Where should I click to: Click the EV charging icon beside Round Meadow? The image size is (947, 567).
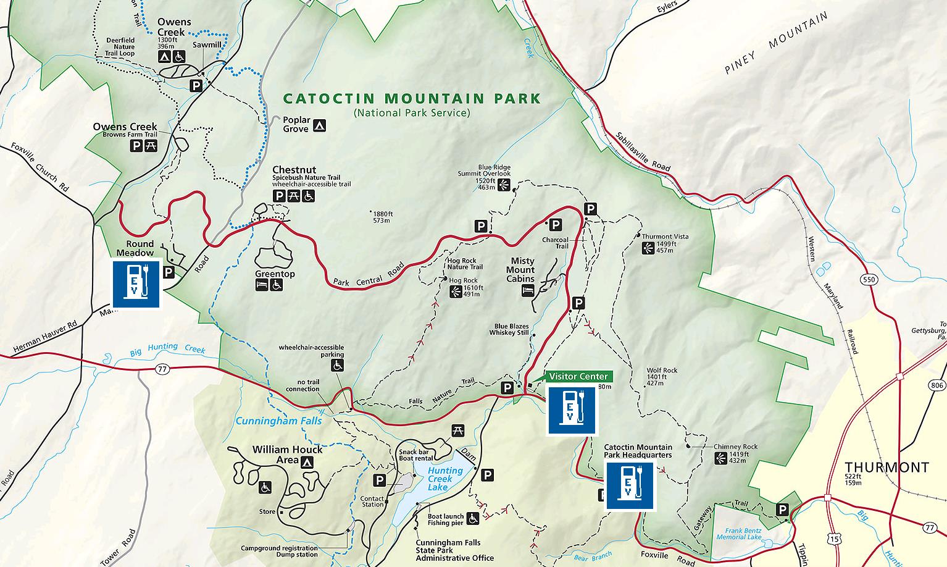[x=136, y=283]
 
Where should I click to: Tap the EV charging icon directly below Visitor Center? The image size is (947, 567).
[x=571, y=411]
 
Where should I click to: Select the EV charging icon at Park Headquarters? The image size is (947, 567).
[x=630, y=486]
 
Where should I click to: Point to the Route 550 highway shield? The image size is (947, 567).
[x=869, y=280]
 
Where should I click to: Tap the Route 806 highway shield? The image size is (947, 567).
[x=937, y=385]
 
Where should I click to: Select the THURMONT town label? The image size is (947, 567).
[x=887, y=467]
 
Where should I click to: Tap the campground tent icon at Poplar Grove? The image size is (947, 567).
[x=319, y=125]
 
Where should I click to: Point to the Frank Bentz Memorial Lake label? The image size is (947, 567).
[x=739, y=534]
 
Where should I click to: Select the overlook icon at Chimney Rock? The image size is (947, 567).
[x=720, y=458]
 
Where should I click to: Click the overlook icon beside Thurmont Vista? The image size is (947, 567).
[x=648, y=248]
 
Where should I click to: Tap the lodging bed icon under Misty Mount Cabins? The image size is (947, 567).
[x=528, y=290]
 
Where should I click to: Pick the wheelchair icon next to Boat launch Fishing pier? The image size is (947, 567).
[x=473, y=519]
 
